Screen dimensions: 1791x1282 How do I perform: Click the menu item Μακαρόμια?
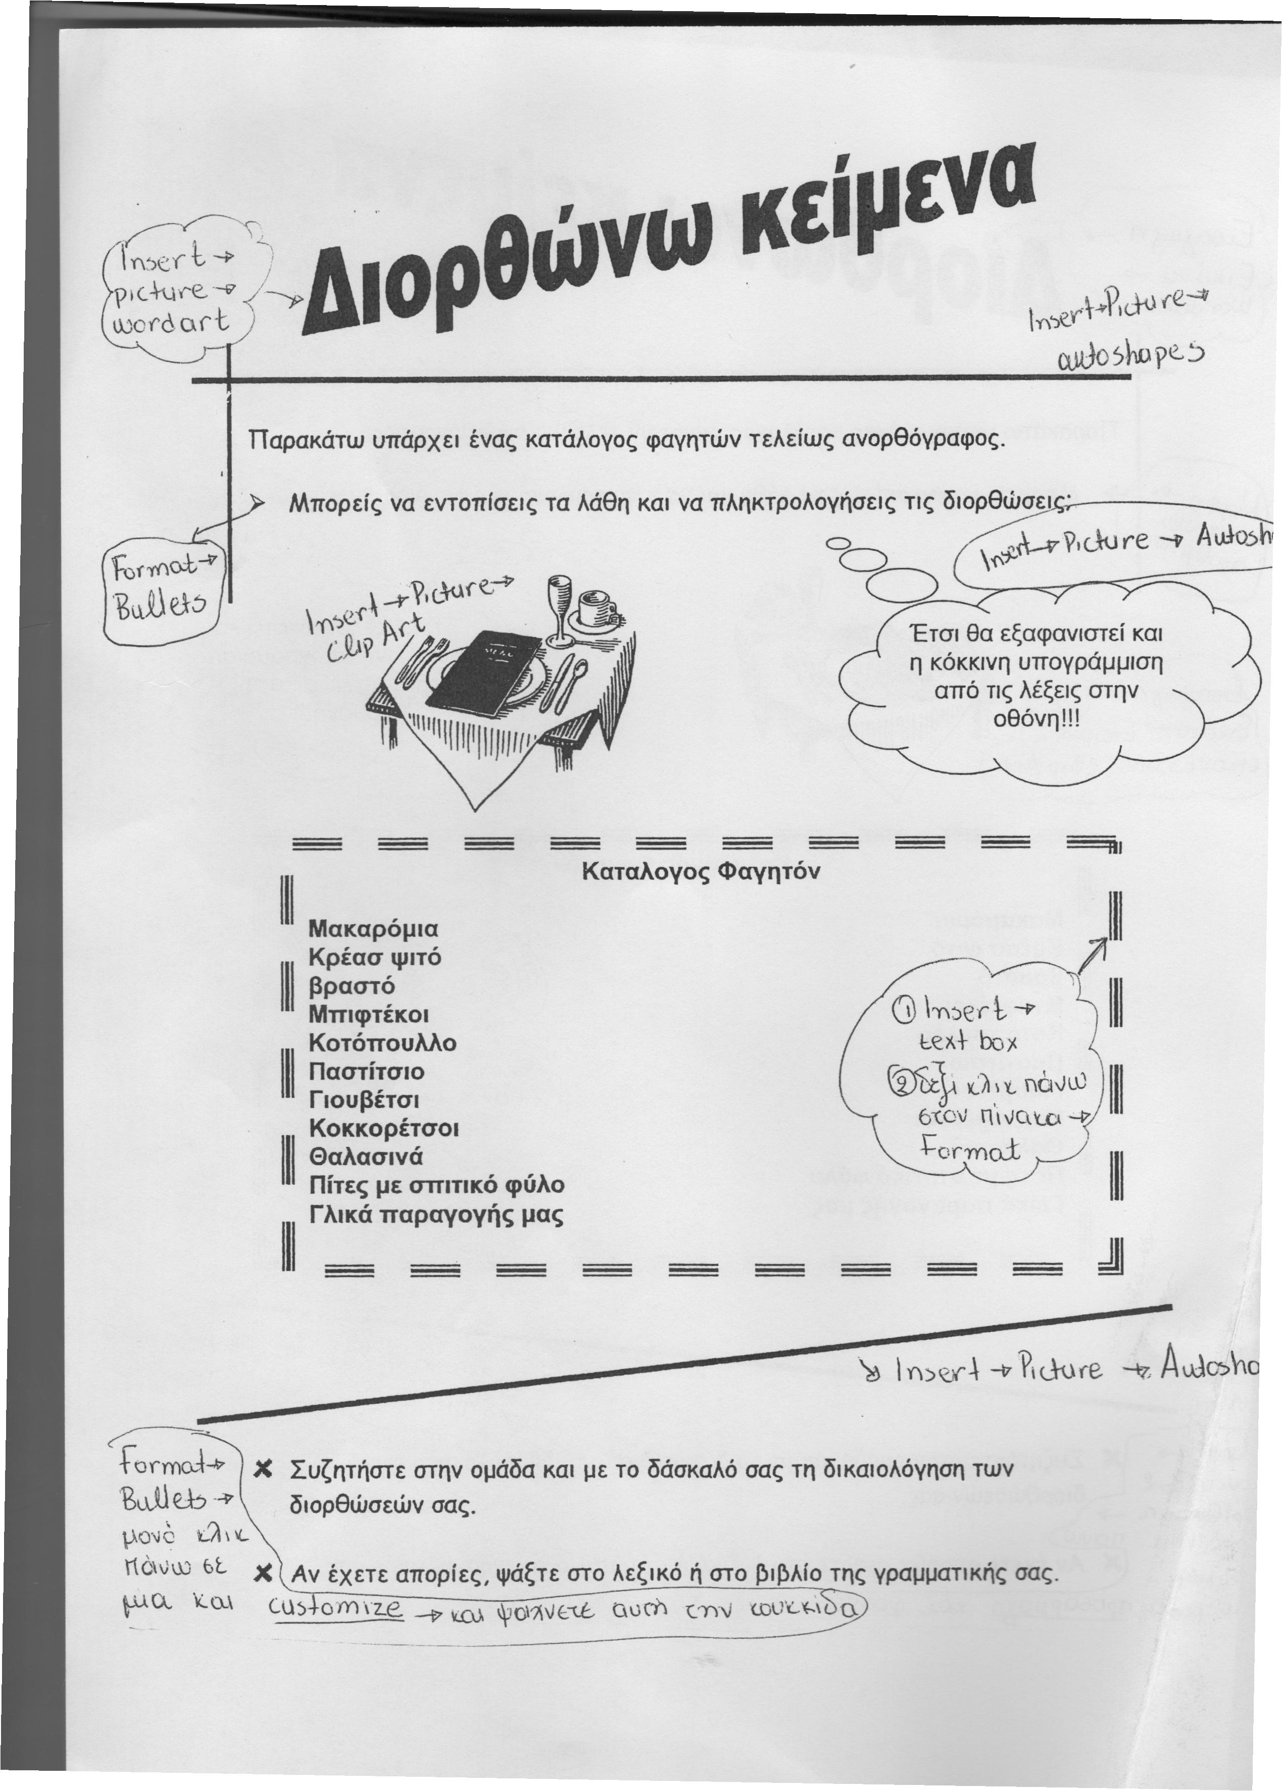click(x=373, y=927)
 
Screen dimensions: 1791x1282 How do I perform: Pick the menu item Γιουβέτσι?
click(x=364, y=1100)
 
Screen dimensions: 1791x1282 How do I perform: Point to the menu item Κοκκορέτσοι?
click(x=384, y=1128)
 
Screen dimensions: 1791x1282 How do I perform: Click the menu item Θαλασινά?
click(x=366, y=1156)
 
